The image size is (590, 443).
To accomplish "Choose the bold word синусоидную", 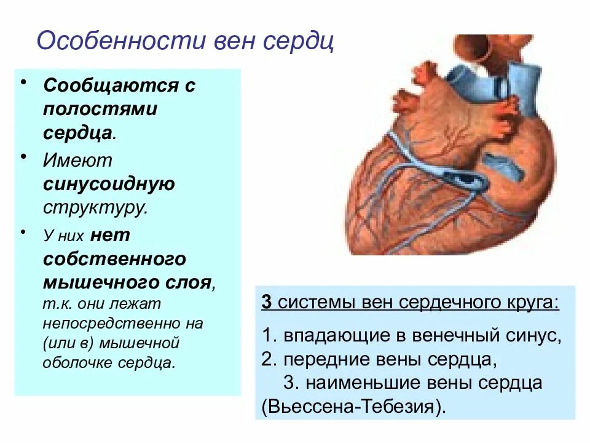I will (109, 183).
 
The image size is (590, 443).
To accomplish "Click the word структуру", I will (95, 207).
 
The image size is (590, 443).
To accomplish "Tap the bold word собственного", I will (114, 259).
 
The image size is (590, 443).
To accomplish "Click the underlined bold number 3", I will (266, 303).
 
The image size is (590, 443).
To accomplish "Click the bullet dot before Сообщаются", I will (23, 82).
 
